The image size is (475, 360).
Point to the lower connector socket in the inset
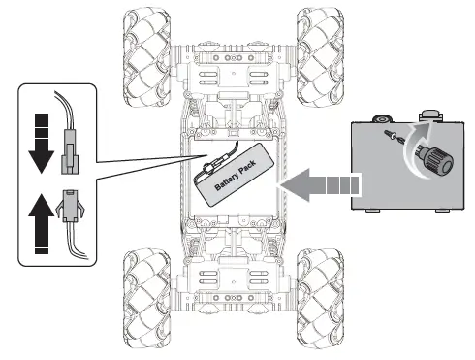click(68, 204)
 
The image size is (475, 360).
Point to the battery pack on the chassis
click(237, 177)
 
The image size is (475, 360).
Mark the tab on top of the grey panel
click(427, 115)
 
